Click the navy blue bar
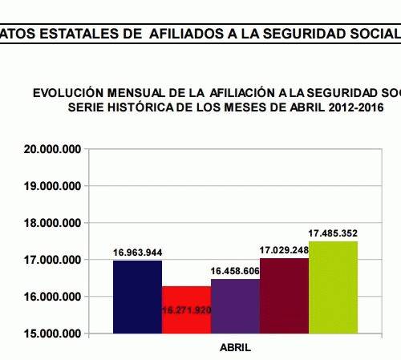pos(137,297)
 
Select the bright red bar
pos(186,309)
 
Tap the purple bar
pos(235,306)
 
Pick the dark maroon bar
pos(284,296)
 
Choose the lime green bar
pos(333,287)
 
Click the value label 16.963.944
pos(137,253)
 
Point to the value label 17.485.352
pos(333,233)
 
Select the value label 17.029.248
pos(284,250)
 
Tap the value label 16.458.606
pos(235,271)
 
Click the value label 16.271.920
pos(187,310)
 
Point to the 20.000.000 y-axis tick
pos(52,149)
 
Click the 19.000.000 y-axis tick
pos(52,186)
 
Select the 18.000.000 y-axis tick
pos(52,223)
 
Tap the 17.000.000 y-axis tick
pos(52,260)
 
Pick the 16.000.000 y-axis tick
pos(52,297)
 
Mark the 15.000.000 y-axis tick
pos(52,334)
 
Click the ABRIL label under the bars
pos(235,348)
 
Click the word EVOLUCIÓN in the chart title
pos(68,92)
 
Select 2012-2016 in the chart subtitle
pos(356,107)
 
